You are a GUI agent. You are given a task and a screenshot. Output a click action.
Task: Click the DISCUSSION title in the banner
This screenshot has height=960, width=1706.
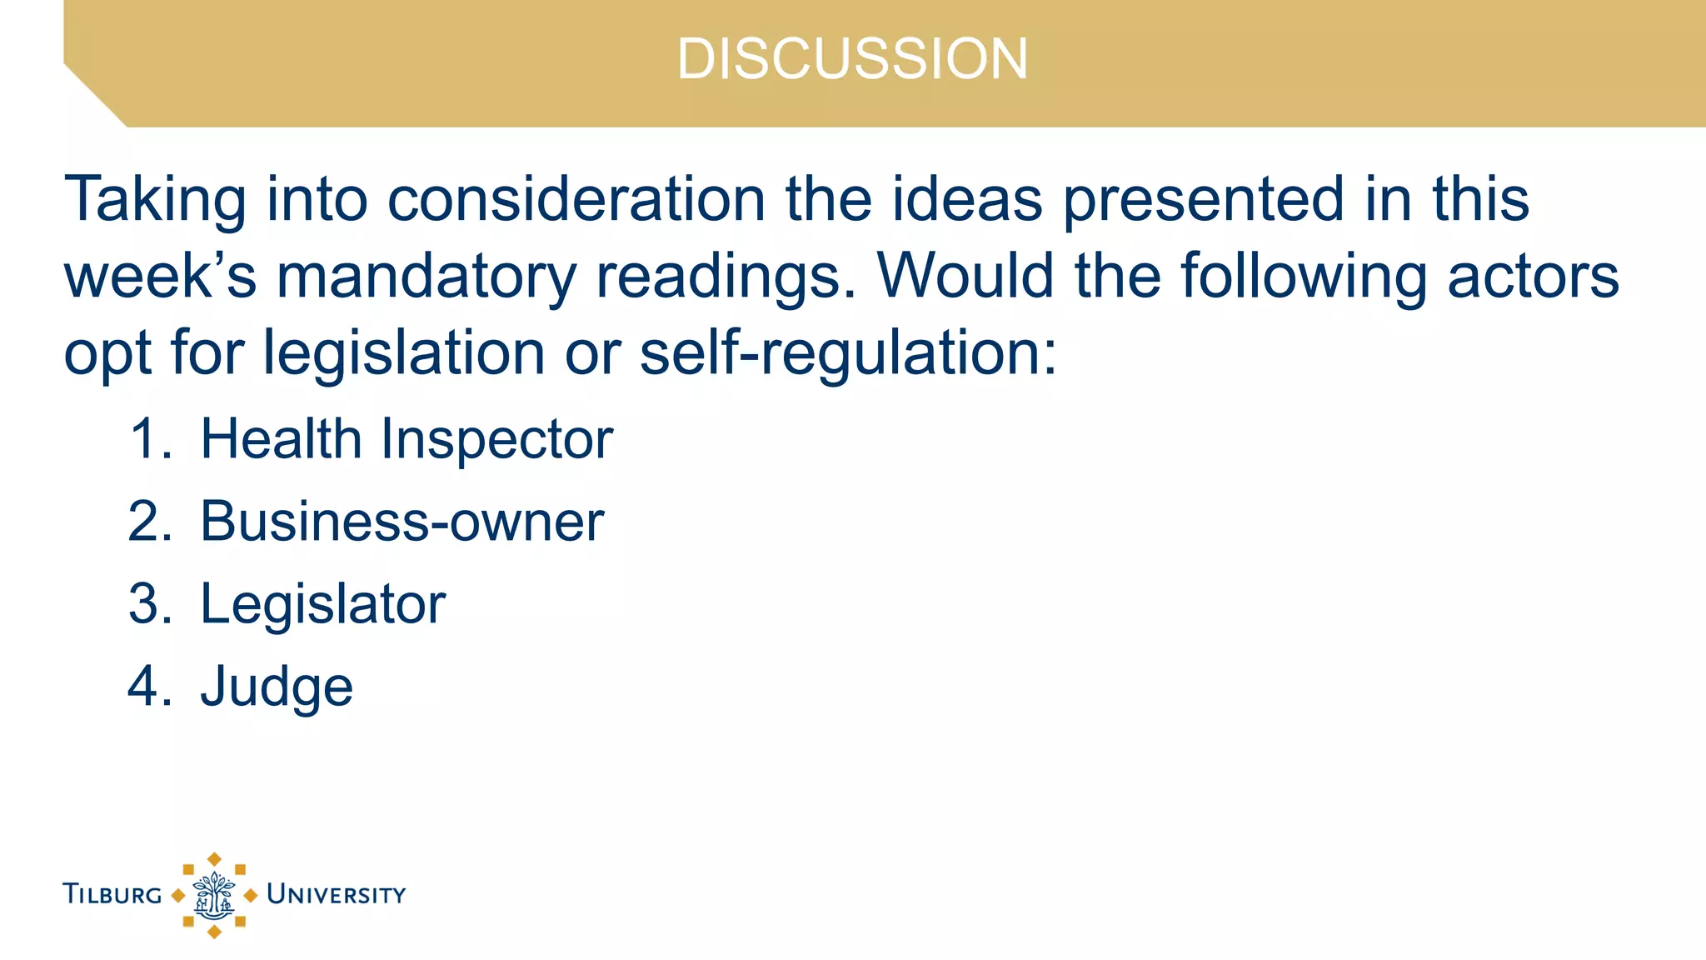pyautogui.click(x=852, y=59)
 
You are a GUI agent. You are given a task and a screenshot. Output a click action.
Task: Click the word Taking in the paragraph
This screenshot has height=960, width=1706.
pyautogui.click(x=155, y=200)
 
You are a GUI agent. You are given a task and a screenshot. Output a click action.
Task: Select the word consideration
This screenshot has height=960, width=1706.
pyautogui.click(x=576, y=200)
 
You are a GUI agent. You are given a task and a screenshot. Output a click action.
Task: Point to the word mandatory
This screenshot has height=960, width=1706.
pyautogui.click(x=426, y=277)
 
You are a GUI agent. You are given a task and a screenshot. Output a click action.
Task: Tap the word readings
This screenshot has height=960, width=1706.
pyautogui.click(x=726, y=277)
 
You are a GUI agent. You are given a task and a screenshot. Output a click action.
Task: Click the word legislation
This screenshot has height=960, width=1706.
pyautogui.click(x=404, y=353)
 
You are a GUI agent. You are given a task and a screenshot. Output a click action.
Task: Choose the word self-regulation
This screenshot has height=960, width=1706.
pyautogui.click(x=847, y=353)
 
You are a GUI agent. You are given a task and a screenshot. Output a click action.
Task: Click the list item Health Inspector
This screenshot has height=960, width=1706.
pyautogui.click(x=407, y=439)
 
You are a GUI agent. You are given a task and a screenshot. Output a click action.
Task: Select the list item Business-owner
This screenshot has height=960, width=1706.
pyautogui.click(x=402, y=522)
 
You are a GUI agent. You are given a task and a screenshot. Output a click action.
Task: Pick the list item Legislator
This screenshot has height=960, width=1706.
pyautogui.click(x=322, y=604)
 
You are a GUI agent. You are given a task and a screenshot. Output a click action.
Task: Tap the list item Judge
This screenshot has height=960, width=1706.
pyautogui.click(x=277, y=687)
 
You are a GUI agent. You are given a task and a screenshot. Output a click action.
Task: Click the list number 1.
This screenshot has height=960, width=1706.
pyautogui.click(x=150, y=439)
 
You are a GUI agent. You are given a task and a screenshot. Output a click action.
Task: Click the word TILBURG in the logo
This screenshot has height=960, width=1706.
pyautogui.click(x=112, y=895)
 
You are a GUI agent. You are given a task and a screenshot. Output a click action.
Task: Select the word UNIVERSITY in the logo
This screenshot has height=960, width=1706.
pyautogui.click(x=336, y=895)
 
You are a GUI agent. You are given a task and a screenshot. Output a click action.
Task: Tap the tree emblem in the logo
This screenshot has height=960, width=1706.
pyautogui.click(x=214, y=895)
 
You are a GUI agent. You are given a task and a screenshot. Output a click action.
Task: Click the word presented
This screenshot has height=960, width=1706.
pyautogui.click(x=1204, y=200)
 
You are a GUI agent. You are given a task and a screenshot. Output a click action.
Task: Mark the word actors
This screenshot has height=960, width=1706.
pyautogui.click(x=1533, y=277)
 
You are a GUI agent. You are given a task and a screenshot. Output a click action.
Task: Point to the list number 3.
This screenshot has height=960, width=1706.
pyautogui.click(x=150, y=604)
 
